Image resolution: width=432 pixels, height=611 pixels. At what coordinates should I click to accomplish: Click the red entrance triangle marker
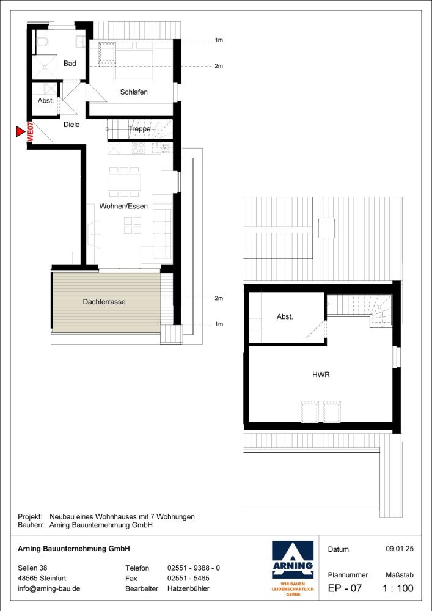(x=20, y=132)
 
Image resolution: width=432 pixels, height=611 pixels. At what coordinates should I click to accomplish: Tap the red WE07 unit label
(x=29, y=132)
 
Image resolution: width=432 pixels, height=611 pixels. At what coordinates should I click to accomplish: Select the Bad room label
(x=70, y=63)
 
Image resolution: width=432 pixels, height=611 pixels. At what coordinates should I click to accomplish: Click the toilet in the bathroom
(x=42, y=42)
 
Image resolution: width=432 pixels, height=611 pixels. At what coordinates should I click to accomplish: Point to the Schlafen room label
(x=134, y=92)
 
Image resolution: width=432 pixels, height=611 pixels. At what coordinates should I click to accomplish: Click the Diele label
(x=71, y=125)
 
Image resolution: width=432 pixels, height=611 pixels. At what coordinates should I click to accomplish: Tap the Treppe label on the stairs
(x=139, y=129)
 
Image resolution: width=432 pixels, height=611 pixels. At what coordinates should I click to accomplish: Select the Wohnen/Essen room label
(x=123, y=206)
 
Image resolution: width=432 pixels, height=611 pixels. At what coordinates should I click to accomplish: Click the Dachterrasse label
(x=104, y=302)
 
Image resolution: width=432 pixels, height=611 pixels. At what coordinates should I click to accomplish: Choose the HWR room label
(x=321, y=375)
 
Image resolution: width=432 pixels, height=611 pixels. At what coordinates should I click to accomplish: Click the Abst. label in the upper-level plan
(x=285, y=317)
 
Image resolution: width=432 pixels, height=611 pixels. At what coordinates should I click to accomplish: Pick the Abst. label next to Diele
(x=46, y=101)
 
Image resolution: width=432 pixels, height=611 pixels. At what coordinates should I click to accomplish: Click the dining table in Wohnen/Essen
(x=124, y=182)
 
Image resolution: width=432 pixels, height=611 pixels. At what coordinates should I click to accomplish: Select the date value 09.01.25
(x=400, y=549)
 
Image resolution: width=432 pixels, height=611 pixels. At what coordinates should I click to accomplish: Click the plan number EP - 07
(x=345, y=588)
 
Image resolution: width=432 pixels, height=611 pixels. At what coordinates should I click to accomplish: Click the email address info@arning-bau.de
(x=49, y=588)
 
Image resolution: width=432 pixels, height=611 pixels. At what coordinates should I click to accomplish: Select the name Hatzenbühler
(x=188, y=588)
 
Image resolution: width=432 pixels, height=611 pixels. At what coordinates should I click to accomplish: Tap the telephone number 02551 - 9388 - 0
(x=194, y=568)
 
